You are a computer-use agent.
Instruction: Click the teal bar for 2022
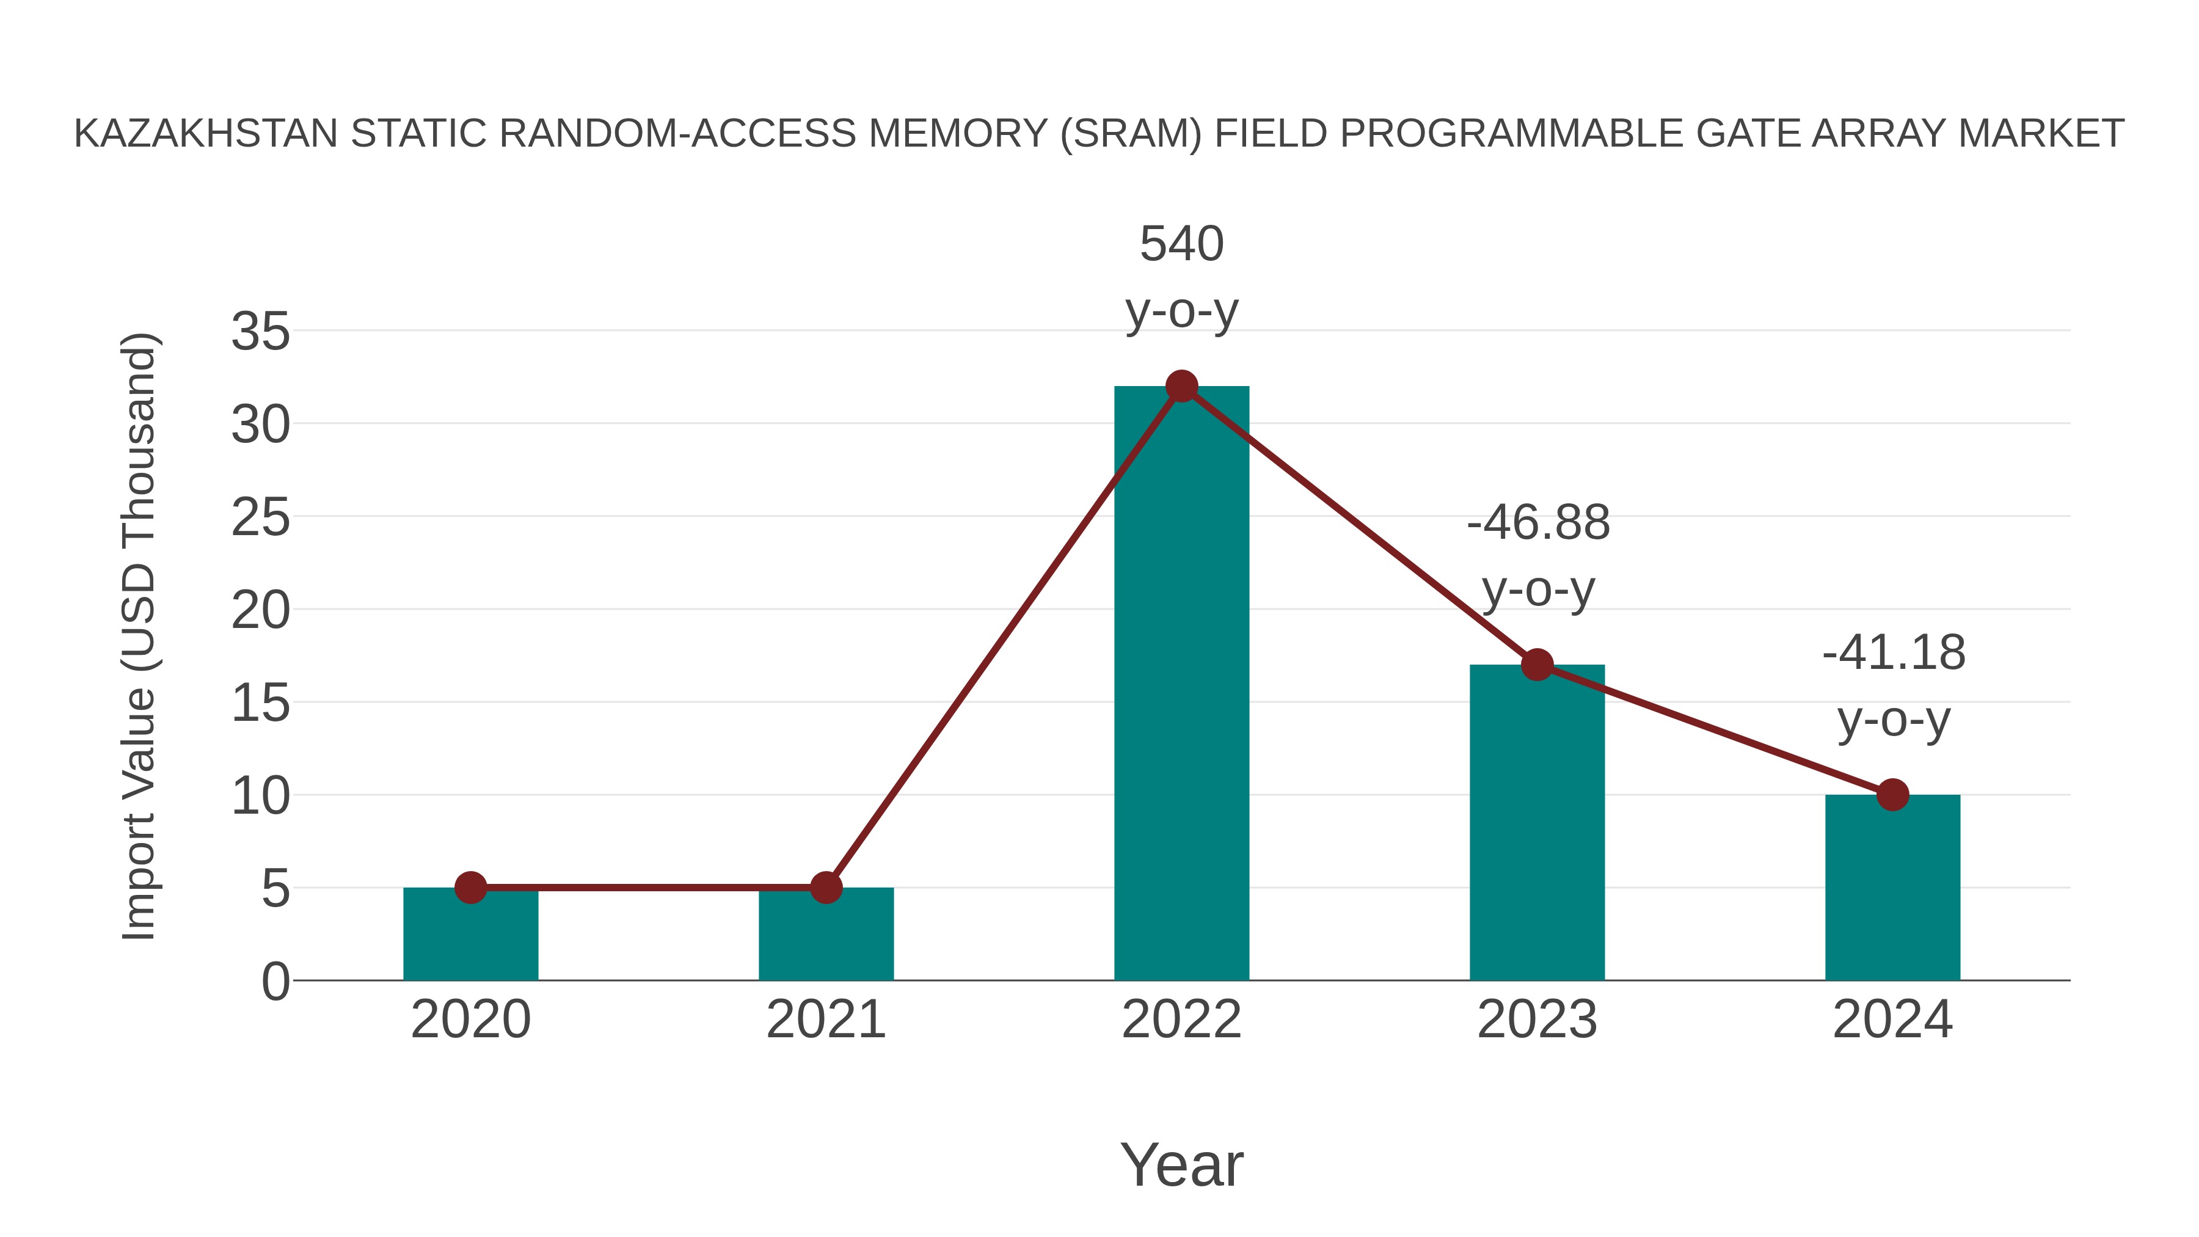click(x=1181, y=683)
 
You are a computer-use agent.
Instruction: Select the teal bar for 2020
click(x=470, y=934)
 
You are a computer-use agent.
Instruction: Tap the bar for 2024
click(x=1892, y=888)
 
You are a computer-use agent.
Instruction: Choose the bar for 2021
click(x=825, y=934)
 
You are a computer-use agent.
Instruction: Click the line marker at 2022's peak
click(x=1181, y=387)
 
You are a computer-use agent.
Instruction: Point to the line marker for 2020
click(x=470, y=888)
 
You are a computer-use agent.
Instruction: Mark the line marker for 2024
click(x=1892, y=795)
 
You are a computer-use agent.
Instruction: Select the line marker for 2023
click(x=1537, y=664)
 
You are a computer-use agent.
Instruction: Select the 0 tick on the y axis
click(x=275, y=982)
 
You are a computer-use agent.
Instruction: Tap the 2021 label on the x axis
click(x=825, y=1020)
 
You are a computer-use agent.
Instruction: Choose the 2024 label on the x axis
click(x=1892, y=1020)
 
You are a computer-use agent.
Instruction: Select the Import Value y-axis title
click(x=138, y=636)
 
